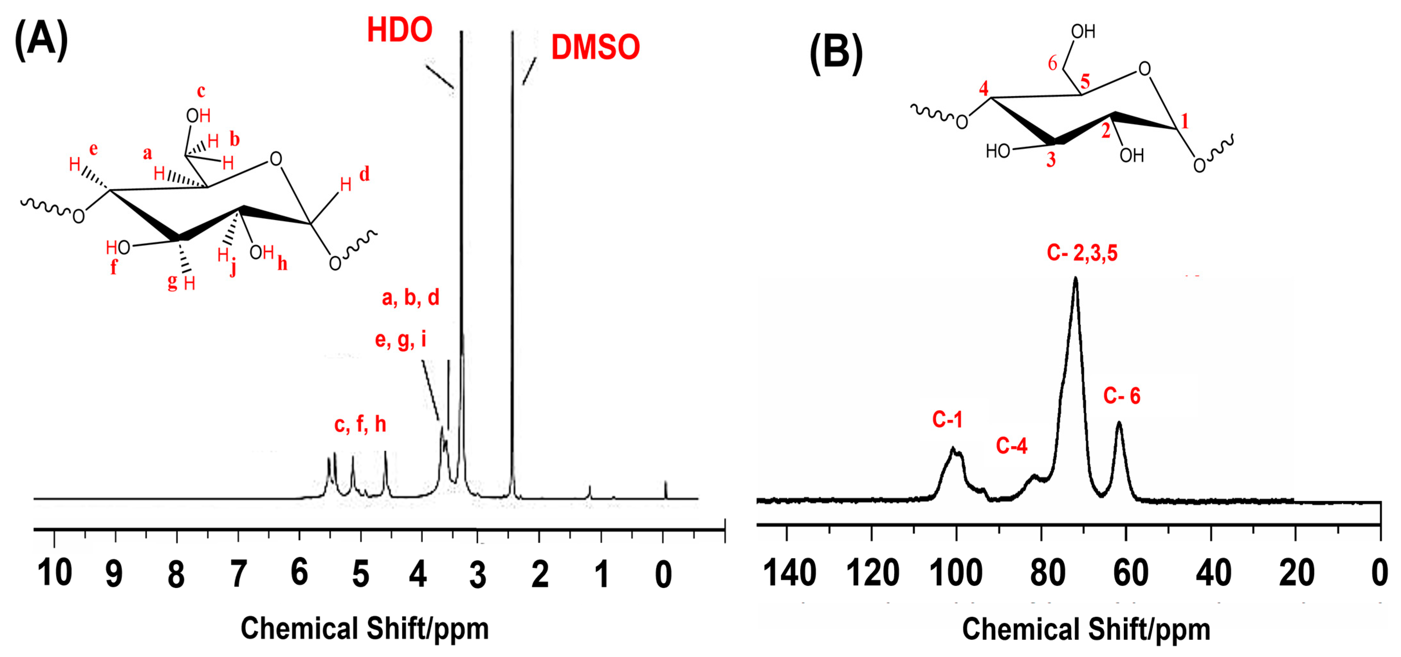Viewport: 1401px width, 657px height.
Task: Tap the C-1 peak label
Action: pyautogui.click(x=947, y=419)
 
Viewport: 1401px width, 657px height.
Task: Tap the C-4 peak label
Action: pyautogui.click(x=1011, y=446)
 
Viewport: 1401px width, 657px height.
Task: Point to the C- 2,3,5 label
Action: pyautogui.click(x=1082, y=253)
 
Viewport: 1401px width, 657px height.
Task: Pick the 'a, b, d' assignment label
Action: pyautogui.click(x=410, y=298)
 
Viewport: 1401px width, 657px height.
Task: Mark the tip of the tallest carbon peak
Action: pyautogui.click(x=1075, y=278)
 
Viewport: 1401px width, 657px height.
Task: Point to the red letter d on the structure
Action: pyautogui.click(x=364, y=174)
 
